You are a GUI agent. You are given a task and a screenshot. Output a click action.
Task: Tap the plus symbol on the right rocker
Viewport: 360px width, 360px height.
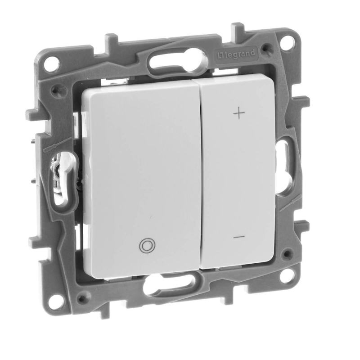(239, 113)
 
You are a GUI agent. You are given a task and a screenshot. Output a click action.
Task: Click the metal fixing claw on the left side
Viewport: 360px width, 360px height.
(60, 171)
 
